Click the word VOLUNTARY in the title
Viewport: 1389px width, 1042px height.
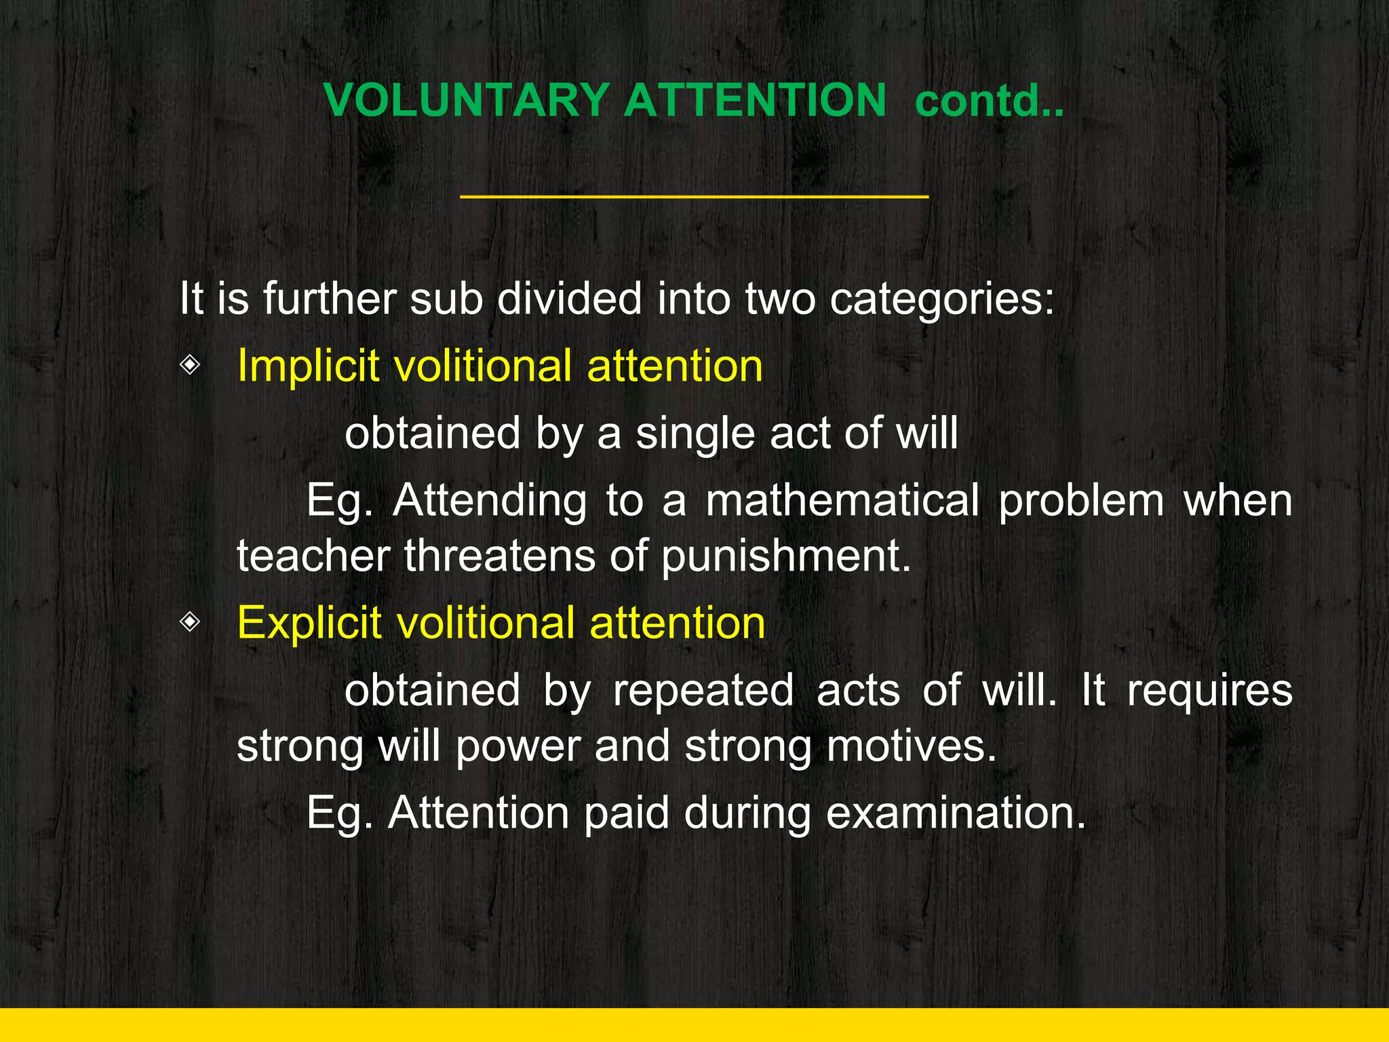(x=467, y=100)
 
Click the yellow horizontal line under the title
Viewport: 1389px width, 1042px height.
(x=694, y=197)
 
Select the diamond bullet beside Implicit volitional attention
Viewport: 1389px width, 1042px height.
(x=191, y=366)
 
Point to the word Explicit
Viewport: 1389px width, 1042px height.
(x=309, y=623)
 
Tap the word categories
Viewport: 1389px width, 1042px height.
(x=942, y=299)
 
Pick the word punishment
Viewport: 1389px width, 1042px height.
(x=785, y=556)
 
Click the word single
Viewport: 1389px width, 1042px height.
(x=694, y=434)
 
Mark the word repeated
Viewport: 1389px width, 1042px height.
(x=703, y=691)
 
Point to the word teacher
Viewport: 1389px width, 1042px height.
(x=313, y=556)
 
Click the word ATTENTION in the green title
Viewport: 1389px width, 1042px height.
(x=755, y=100)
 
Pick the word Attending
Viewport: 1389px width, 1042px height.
(x=490, y=502)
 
